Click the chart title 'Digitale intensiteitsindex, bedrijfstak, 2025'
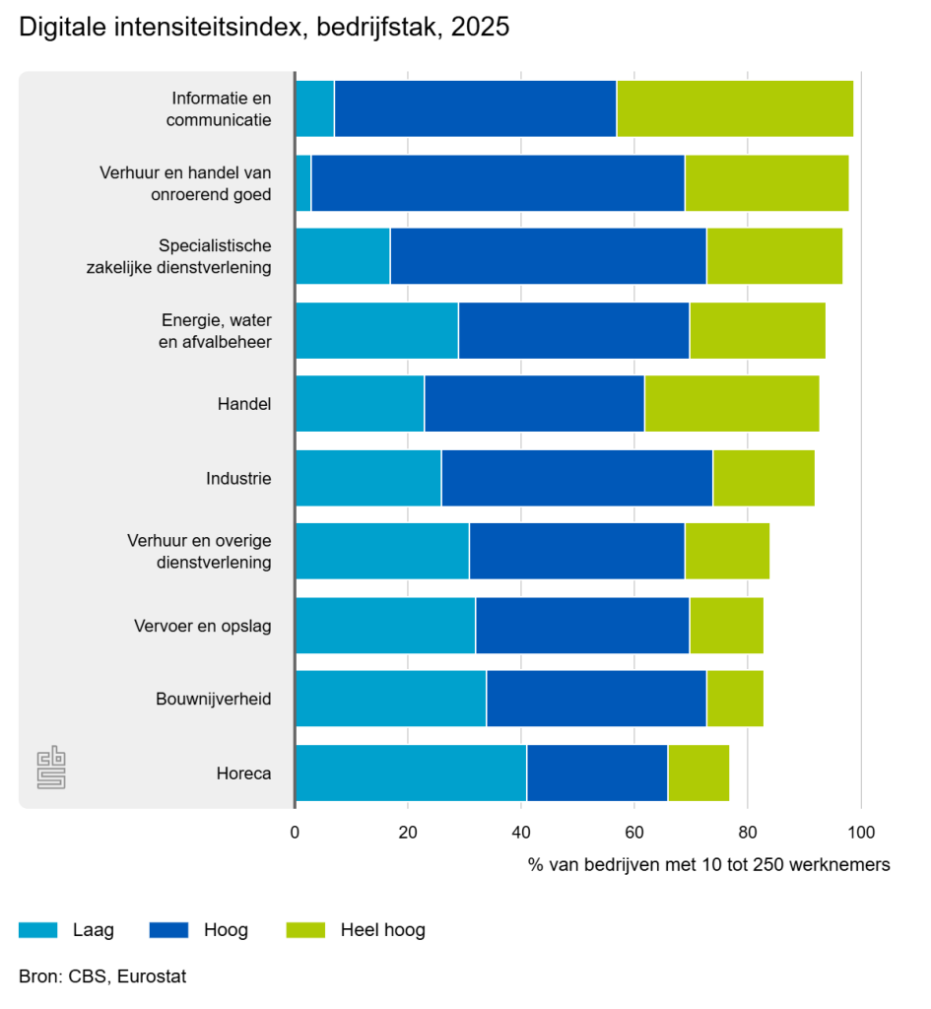pyautogui.click(x=264, y=29)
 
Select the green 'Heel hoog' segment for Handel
pyautogui.click(x=731, y=404)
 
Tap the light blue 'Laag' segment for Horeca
pyautogui.click(x=411, y=773)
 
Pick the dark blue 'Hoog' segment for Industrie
pyautogui.click(x=576, y=478)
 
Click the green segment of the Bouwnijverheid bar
pyautogui.click(x=735, y=699)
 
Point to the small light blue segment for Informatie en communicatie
pyautogui.click(x=315, y=108)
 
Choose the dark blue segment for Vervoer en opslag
pyautogui.click(x=582, y=625)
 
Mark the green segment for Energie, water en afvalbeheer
pyautogui.click(x=757, y=330)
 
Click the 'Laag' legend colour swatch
pyautogui.click(x=37, y=929)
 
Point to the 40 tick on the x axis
pyautogui.click(x=521, y=831)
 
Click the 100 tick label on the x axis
pyautogui.click(x=861, y=831)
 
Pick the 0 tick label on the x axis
pyautogui.click(x=295, y=831)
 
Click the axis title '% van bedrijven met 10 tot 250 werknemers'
pyautogui.click(x=708, y=864)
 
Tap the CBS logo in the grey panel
pyautogui.click(x=51, y=769)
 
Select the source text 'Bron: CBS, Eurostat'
pyautogui.click(x=102, y=976)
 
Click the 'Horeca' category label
pyautogui.click(x=243, y=774)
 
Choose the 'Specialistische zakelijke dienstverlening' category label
pyautogui.click(x=191, y=256)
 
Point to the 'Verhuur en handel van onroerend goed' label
pyautogui.click(x=185, y=182)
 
